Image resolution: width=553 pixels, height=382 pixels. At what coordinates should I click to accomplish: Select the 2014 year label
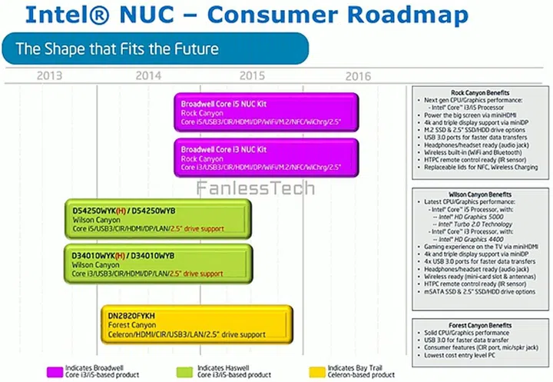pyautogui.click(x=148, y=75)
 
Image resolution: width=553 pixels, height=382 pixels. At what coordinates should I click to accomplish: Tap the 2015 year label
pyautogui.click(x=253, y=75)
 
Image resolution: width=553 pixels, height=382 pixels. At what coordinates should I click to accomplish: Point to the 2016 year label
pyautogui.click(x=358, y=75)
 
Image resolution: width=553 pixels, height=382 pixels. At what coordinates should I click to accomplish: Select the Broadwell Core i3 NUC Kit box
pyautogui.click(x=267, y=157)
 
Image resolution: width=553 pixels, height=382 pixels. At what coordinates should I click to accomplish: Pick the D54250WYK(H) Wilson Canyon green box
pyautogui.click(x=157, y=218)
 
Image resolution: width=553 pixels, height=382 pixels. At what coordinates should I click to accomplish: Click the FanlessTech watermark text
pyautogui.click(x=243, y=188)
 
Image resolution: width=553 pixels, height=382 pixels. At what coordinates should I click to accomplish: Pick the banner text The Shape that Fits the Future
pyautogui.click(x=118, y=49)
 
